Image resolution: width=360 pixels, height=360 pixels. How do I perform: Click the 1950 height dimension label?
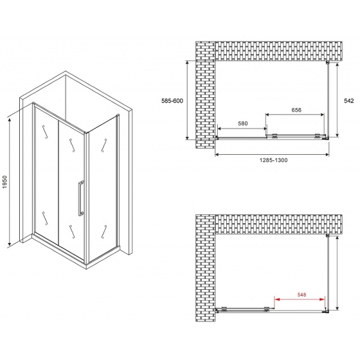(x=5, y=182)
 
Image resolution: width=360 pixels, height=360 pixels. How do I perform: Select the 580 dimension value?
(x=242, y=124)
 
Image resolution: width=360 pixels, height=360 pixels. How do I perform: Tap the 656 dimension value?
(x=296, y=110)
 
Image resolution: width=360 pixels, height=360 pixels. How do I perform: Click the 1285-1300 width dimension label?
(x=272, y=161)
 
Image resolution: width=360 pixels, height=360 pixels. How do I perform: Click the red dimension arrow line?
(x=301, y=300)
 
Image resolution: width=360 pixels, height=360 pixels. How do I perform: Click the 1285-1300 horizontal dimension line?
(x=272, y=155)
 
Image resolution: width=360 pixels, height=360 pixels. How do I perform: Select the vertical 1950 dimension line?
(x=10, y=182)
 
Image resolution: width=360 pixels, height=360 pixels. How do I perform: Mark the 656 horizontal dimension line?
(x=296, y=115)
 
